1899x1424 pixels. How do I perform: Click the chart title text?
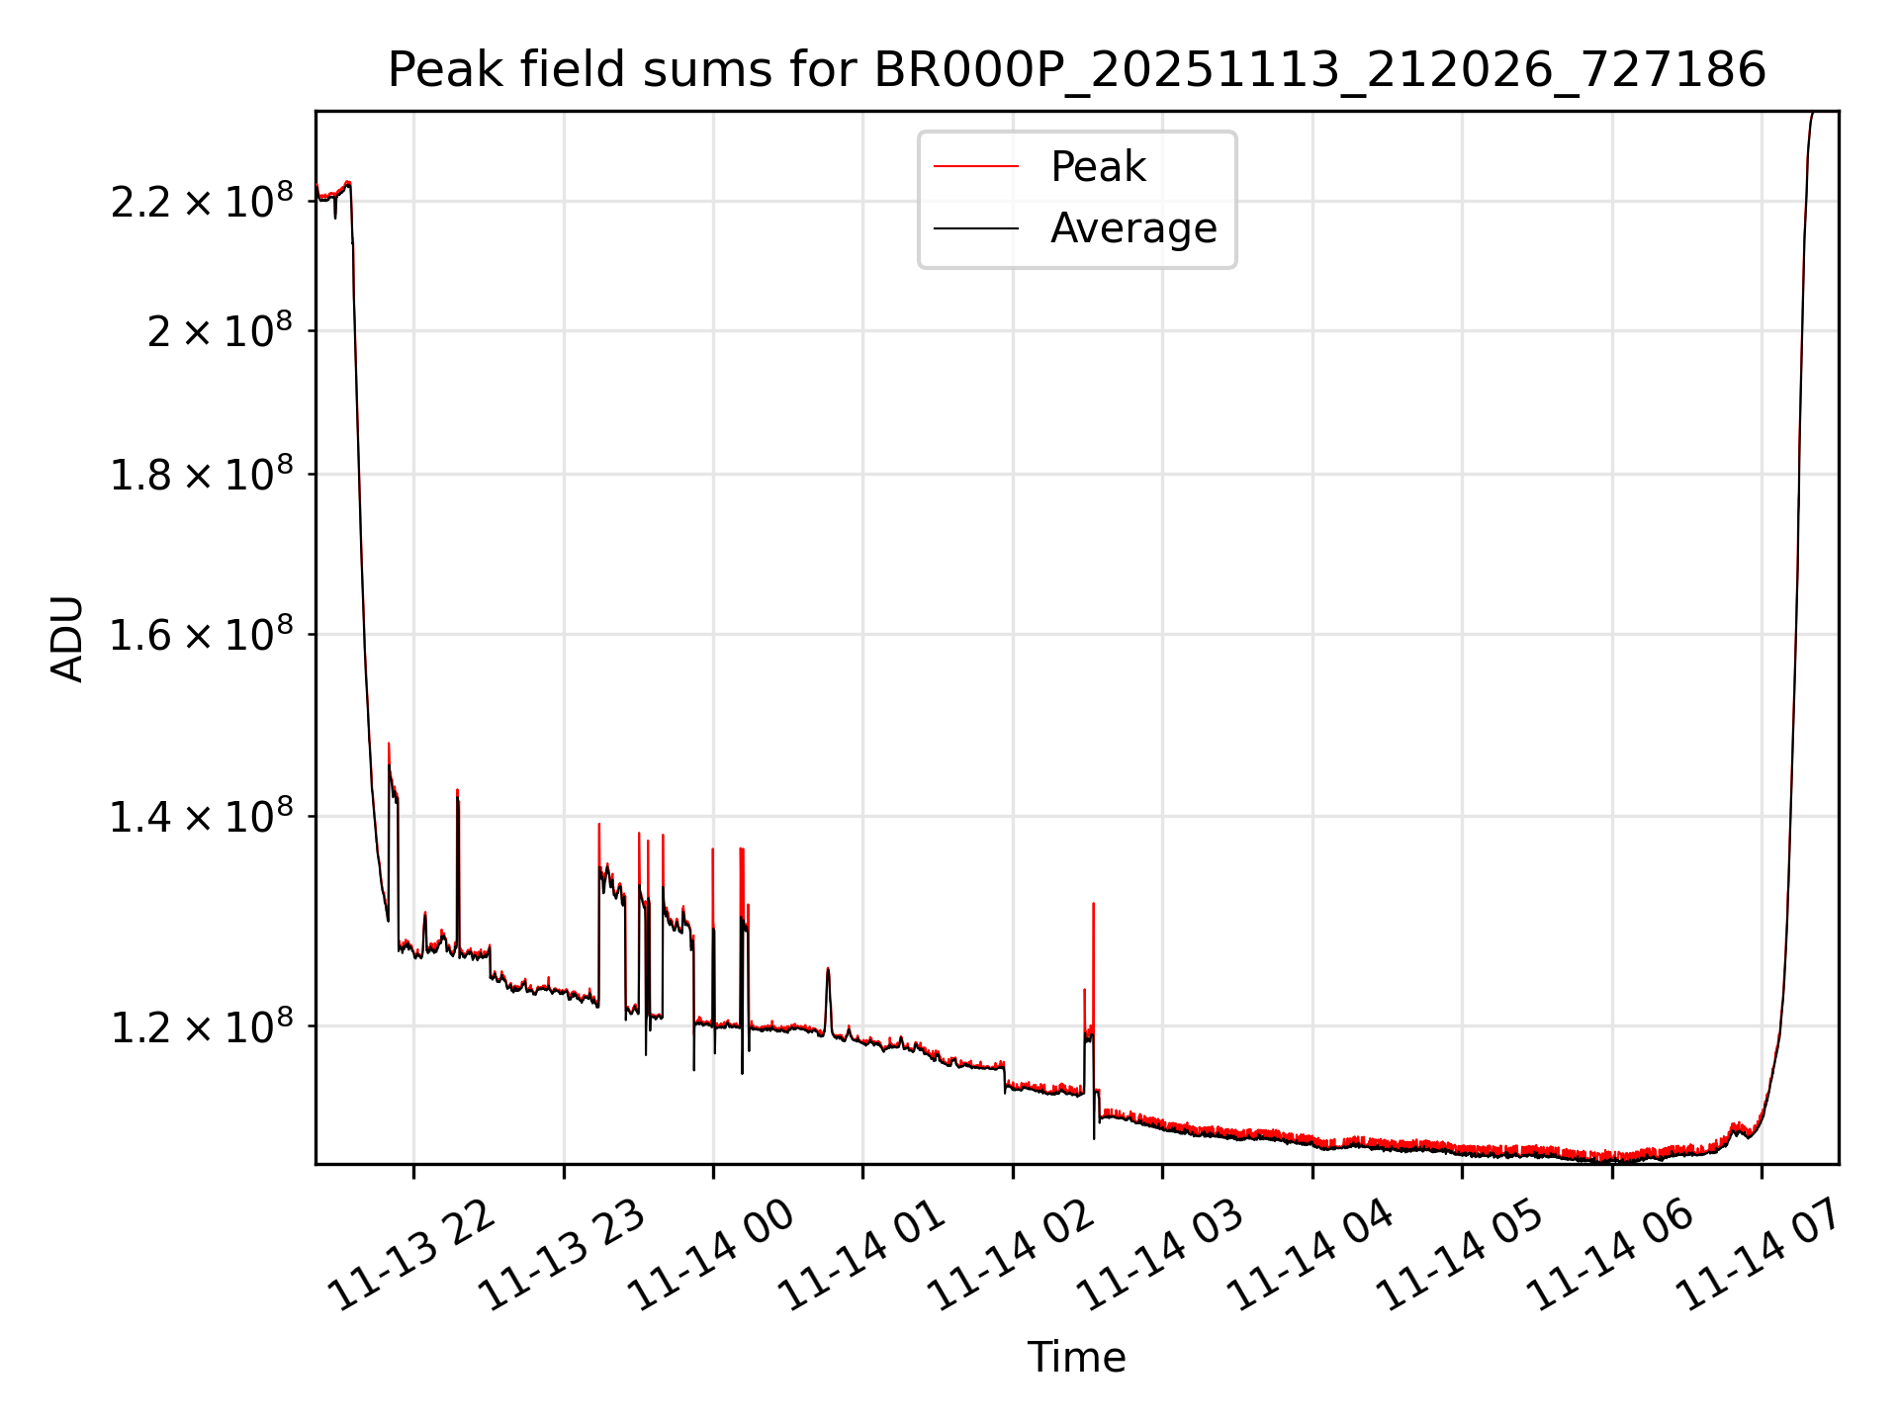[x=1076, y=70]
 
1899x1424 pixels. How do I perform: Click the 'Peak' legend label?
[x=1098, y=167]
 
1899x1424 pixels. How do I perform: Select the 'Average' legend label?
[x=1133, y=228]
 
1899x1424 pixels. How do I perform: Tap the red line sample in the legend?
[x=976, y=167]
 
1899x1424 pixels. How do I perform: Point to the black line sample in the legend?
[x=976, y=228]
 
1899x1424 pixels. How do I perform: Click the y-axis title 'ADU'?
[x=67, y=639]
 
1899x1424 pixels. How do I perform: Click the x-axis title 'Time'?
[x=1076, y=1357]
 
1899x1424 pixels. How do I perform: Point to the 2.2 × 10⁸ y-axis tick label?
[x=202, y=202]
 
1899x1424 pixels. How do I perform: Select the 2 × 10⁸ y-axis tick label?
[x=221, y=331]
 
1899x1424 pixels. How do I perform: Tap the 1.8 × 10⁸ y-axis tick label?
[x=202, y=475]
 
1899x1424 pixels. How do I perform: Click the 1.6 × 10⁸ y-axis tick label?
[x=202, y=635]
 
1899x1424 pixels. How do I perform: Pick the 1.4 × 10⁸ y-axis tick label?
[x=202, y=817]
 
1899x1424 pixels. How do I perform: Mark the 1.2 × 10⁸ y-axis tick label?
[x=202, y=1026]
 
